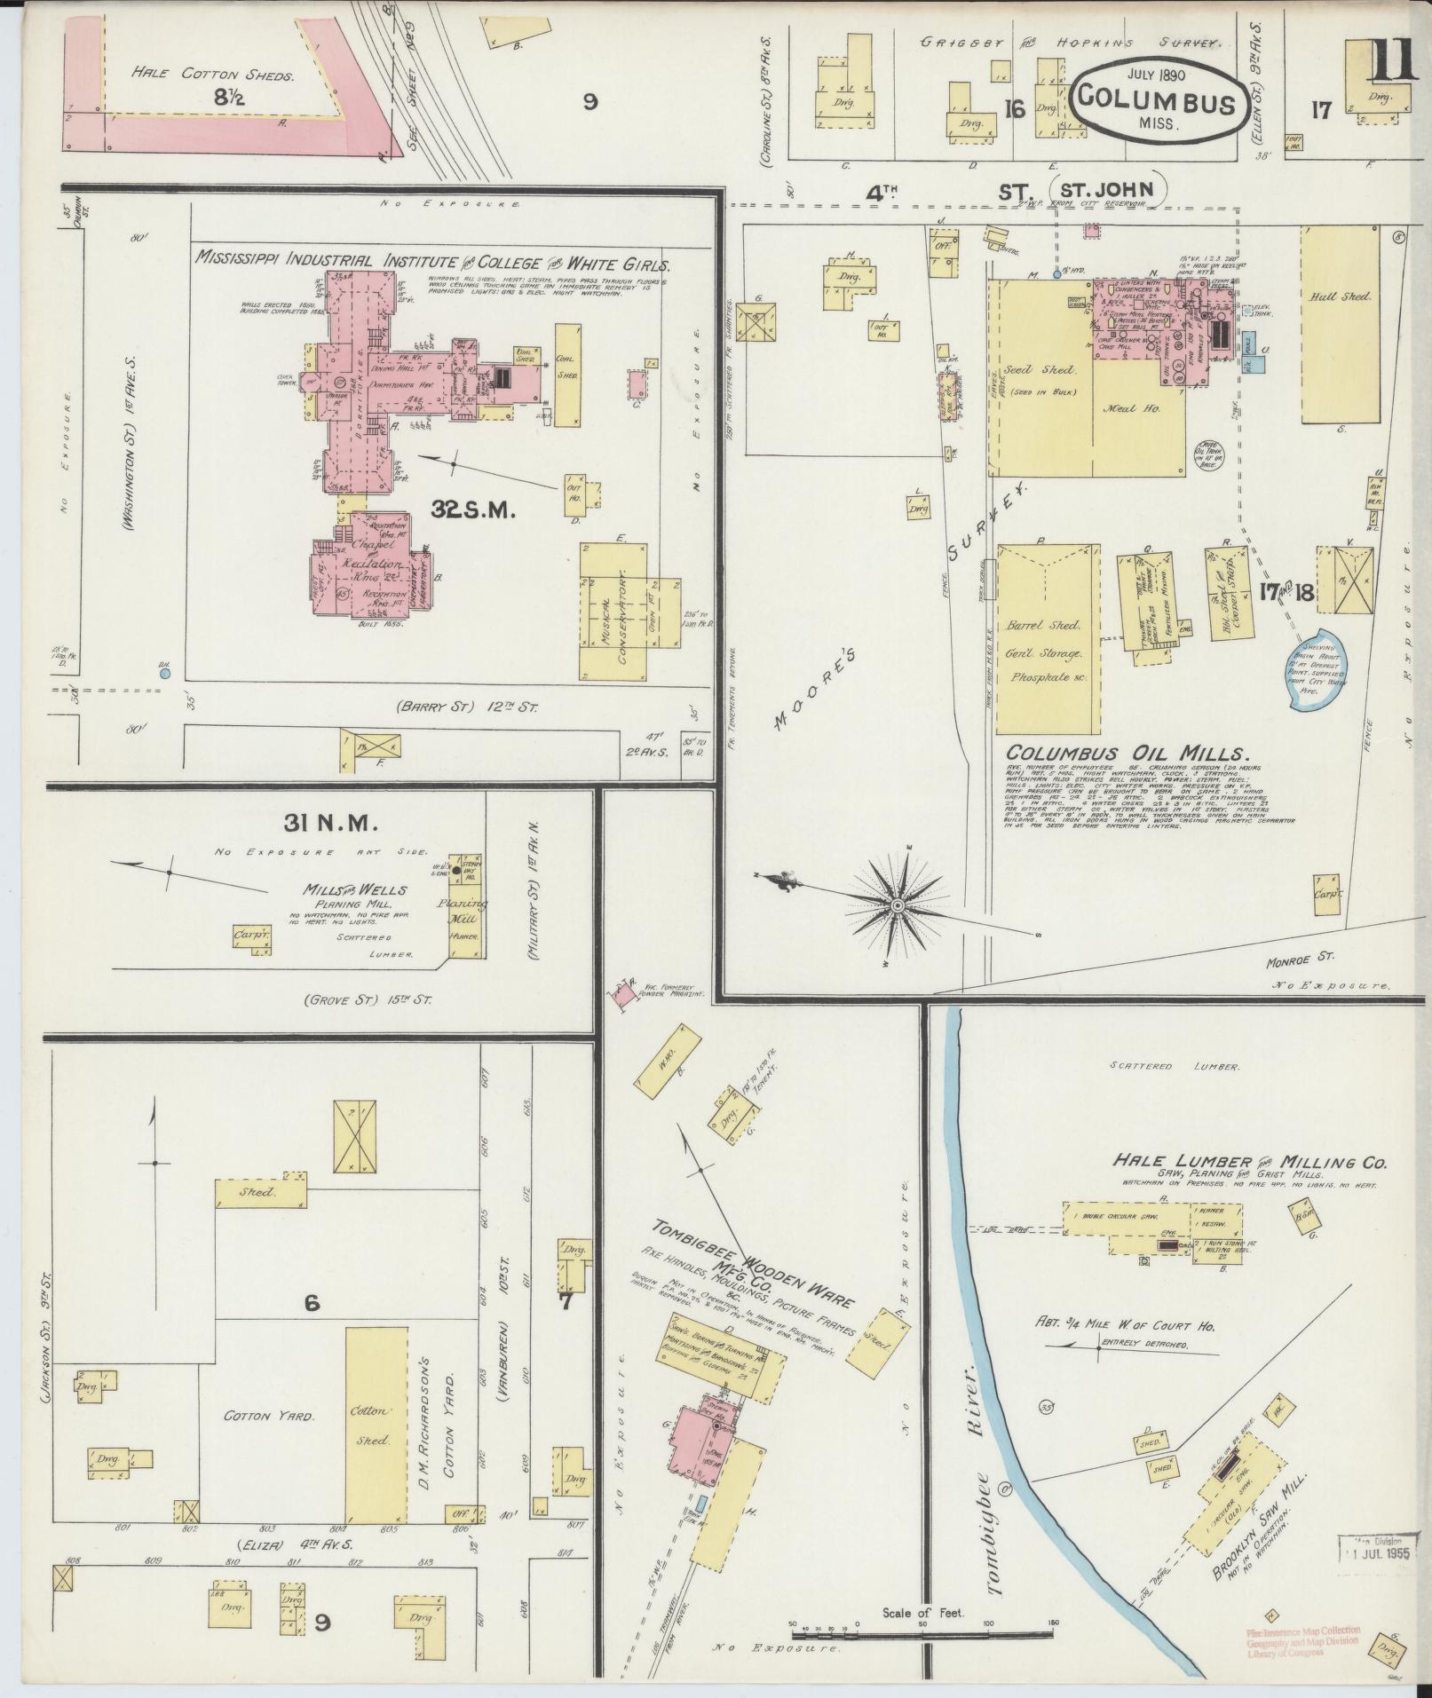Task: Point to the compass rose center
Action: (x=898, y=904)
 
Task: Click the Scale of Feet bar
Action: (x=923, y=1631)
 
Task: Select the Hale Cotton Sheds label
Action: (x=212, y=75)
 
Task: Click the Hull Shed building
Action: (x=1341, y=324)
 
